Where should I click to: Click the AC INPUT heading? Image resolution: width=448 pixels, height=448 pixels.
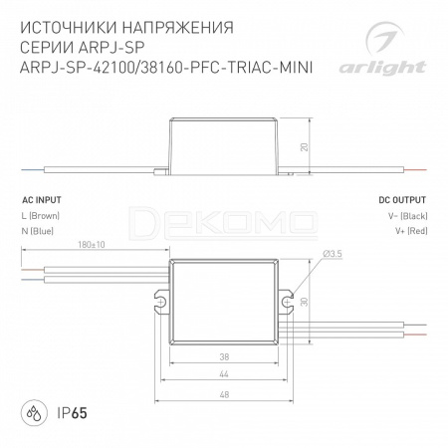click(42, 200)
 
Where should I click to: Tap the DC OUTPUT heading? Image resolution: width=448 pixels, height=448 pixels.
click(402, 200)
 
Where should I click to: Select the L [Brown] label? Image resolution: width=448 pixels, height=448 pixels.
click(41, 216)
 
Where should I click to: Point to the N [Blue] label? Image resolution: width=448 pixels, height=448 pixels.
click(38, 231)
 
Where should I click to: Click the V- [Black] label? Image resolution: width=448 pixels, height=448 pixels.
click(408, 216)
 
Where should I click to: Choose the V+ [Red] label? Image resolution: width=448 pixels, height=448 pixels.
click(411, 231)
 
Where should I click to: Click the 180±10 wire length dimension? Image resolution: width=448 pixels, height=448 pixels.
click(92, 245)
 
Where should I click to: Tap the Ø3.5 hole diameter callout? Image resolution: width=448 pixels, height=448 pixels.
click(333, 254)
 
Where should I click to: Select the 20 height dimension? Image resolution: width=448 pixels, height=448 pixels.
click(304, 147)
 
